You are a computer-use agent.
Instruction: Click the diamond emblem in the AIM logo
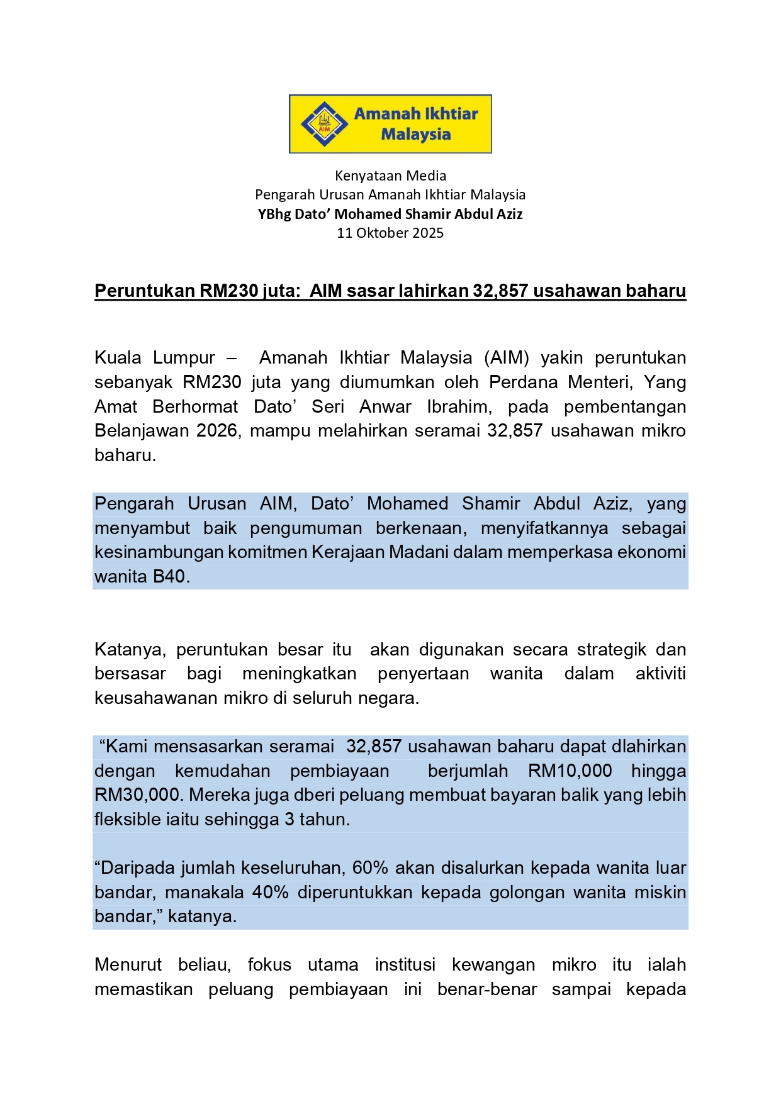324,124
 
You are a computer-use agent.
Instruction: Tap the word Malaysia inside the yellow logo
416,134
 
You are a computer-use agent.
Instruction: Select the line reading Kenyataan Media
390,176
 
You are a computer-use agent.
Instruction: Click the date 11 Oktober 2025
390,233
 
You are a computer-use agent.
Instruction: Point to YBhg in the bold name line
274,214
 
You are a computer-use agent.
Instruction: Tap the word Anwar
385,406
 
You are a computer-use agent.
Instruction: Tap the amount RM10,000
570,771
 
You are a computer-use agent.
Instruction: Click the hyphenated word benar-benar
487,989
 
